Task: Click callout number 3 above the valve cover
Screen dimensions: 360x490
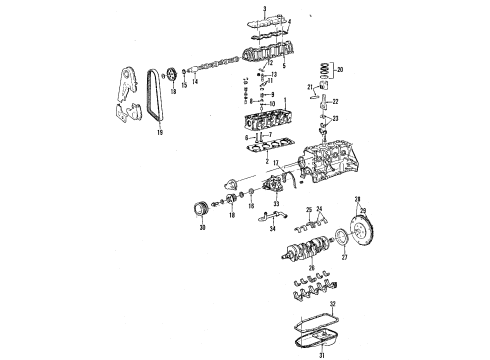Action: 263,8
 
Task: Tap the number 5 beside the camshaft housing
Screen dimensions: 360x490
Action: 283,66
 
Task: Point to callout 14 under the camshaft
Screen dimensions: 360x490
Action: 194,83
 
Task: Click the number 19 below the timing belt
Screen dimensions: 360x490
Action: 159,130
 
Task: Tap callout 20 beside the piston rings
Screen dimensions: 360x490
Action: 340,71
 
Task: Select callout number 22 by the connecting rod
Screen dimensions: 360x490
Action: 334,102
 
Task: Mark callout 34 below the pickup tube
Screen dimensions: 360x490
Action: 271,228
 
